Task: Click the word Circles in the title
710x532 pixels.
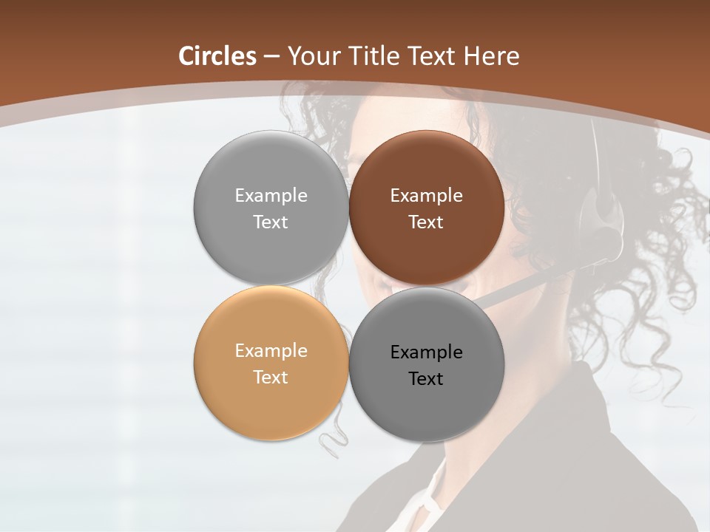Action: (217, 56)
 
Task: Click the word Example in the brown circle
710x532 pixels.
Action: (426, 196)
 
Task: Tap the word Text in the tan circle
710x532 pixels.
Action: (271, 378)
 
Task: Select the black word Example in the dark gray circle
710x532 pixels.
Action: (426, 352)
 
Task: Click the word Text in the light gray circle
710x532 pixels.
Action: (271, 222)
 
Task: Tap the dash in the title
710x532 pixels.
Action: (271, 57)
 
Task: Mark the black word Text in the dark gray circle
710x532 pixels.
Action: (426, 379)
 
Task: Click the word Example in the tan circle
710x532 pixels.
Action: (271, 351)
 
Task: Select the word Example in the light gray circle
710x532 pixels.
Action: (271, 196)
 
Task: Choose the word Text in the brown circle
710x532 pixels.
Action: (426, 222)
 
